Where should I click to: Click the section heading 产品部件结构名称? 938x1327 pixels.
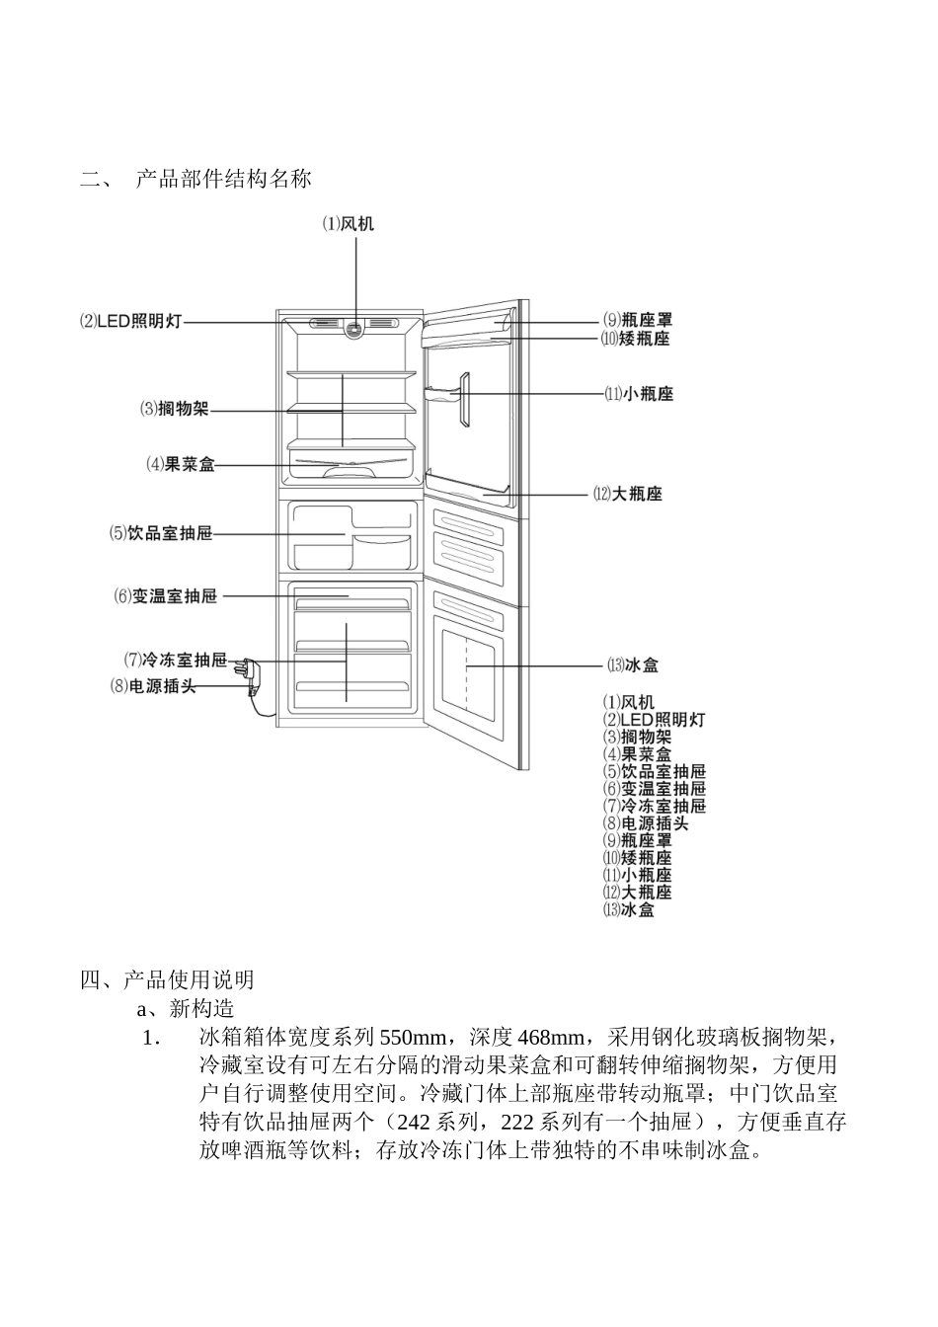point(224,179)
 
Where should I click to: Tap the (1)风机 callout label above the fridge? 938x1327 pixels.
point(349,224)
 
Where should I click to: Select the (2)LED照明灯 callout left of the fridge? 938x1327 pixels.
point(131,322)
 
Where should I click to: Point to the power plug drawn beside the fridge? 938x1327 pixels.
point(253,678)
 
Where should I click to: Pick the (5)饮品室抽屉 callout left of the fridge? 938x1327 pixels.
point(161,533)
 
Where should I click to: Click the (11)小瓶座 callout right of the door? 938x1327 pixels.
point(639,394)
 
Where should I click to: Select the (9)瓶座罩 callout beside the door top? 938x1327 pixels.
point(638,320)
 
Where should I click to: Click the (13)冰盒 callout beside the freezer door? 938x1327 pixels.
point(634,665)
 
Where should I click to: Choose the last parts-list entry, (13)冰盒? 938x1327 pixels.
point(629,909)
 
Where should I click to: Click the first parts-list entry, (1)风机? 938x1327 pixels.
point(629,702)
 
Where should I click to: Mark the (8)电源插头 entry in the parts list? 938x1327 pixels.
point(646,822)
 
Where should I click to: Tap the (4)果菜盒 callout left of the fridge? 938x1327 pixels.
point(181,464)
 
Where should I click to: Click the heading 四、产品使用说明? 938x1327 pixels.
point(168,979)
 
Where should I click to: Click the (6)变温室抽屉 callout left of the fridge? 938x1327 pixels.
point(165,596)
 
